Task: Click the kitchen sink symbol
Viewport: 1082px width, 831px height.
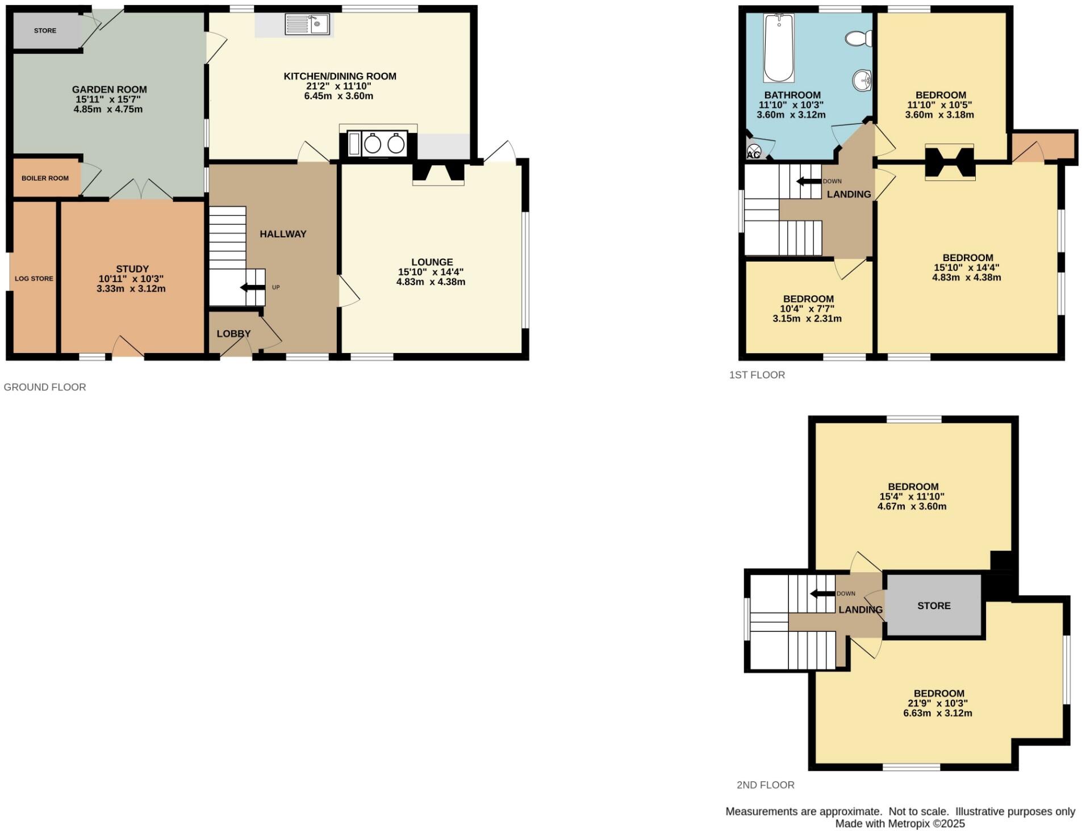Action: click(x=307, y=25)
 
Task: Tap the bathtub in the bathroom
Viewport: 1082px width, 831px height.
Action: click(x=779, y=49)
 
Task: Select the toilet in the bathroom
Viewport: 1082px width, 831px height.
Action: click(x=859, y=39)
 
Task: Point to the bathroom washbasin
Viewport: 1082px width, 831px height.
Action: click(x=862, y=81)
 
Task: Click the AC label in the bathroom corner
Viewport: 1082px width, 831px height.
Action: click(x=754, y=154)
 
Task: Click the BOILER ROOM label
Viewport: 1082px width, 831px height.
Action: click(x=45, y=178)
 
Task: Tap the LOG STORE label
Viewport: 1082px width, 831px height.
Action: click(x=34, y=279)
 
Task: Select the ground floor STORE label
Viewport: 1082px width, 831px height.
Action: click(x=45, y=31)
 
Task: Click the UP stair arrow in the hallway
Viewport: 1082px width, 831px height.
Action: click(x=253, y=287)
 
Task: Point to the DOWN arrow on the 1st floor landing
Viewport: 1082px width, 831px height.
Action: click(x=809, y=182)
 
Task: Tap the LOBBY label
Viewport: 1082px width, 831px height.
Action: click(x=233, y=334)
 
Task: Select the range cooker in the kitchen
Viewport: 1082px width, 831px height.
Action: click(x=378, y=144)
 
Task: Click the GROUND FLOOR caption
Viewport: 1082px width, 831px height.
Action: click(x=45, y=387)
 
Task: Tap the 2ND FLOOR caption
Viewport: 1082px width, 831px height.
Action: click(x=765, y=785)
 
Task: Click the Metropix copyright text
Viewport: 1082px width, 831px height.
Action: click(x=900, y=824)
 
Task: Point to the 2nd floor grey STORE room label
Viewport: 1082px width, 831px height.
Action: click(x=933, y=606)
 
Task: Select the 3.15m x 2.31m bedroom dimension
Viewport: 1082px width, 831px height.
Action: click(x=807, y=319)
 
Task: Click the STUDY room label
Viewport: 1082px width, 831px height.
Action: click(x=132, y=269)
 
